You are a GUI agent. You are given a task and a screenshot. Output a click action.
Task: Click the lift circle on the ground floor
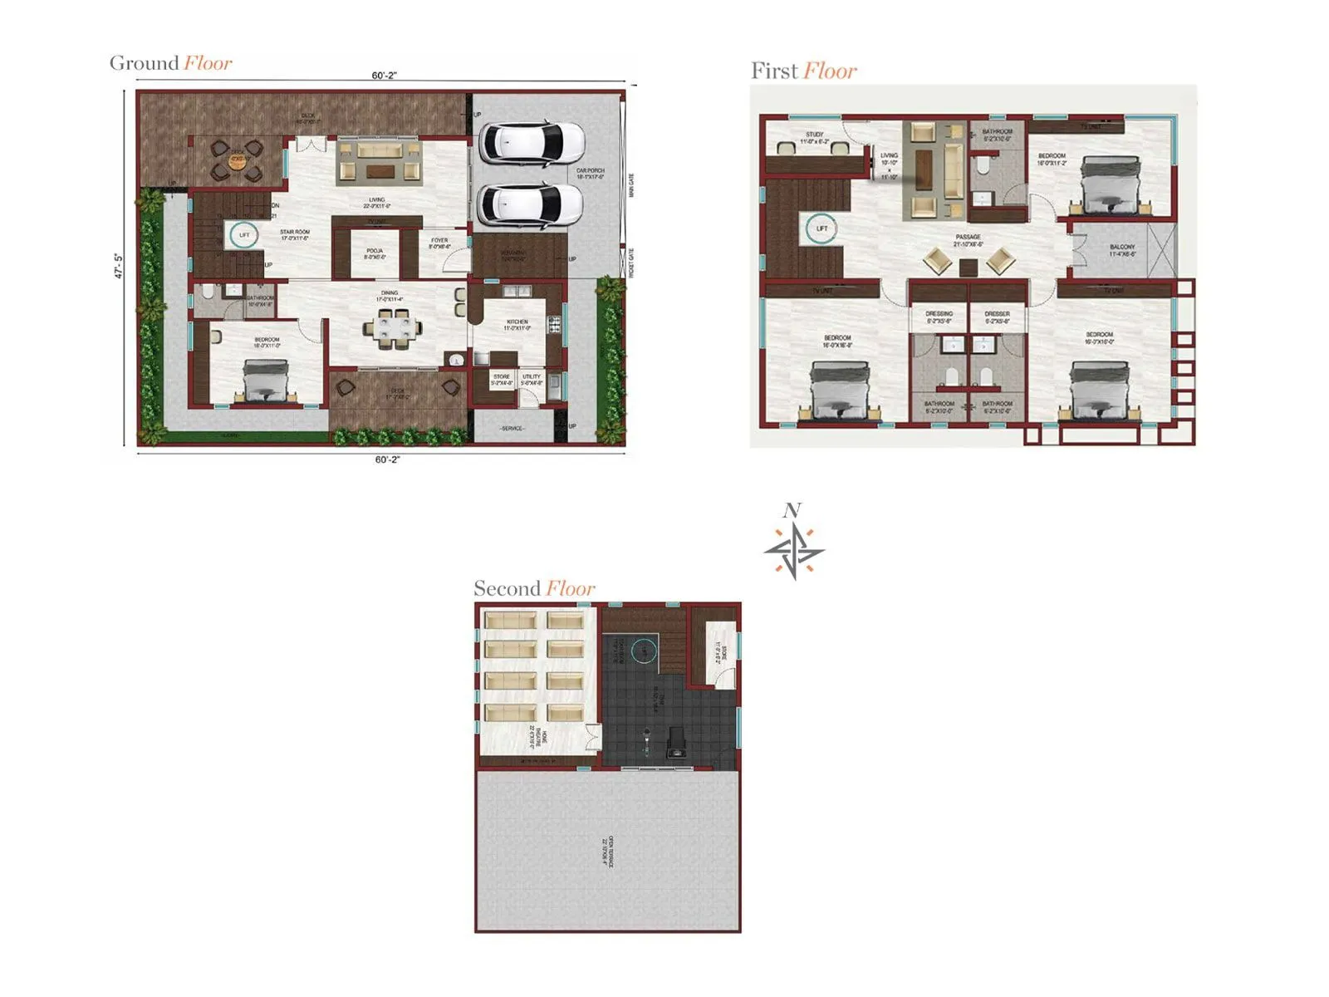pos(243,235)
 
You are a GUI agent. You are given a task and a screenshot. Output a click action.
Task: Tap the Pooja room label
pos(375,253)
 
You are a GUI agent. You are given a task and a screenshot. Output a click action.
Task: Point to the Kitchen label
pos(517,325)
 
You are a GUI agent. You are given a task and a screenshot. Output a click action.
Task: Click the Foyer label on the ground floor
pos(439,243)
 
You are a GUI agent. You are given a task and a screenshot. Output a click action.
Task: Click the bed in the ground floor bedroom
pos(265,382)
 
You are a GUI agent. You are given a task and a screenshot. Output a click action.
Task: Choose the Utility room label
pos(532,380)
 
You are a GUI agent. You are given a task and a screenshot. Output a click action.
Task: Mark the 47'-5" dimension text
pos(119,266)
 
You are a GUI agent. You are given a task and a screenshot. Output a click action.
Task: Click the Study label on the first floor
pos(814,138)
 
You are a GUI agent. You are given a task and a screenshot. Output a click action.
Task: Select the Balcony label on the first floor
pos(1122,250)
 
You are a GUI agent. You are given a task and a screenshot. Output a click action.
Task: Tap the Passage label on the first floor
pos(968,240)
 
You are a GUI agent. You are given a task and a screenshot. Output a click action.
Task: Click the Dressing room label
pos(939,317)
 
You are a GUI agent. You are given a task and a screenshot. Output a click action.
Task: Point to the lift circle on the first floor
pos(821,228)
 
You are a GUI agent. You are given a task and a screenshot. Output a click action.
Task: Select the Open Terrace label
pos(608,852)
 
